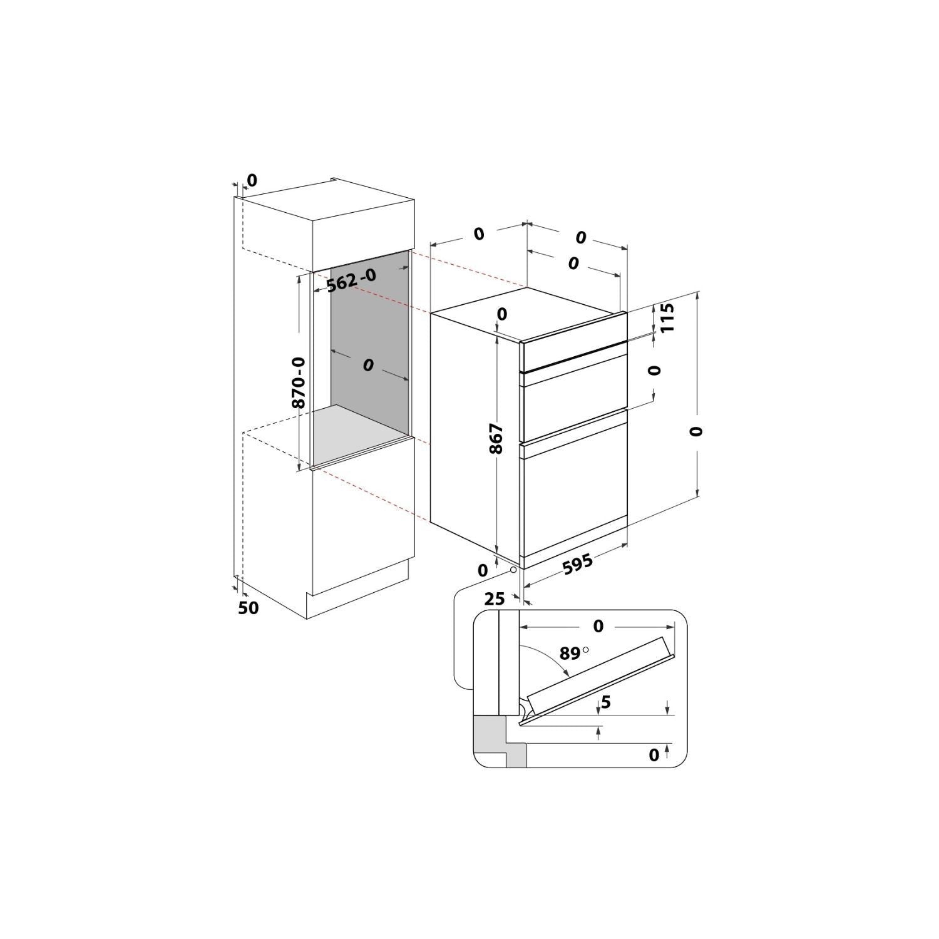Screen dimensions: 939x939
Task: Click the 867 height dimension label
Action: tap(495, 439)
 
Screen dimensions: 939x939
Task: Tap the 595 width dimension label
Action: tap(577, 565)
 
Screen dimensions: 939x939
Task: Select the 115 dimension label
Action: tap(667, 318)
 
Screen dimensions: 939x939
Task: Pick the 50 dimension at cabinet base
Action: tap(248, 607)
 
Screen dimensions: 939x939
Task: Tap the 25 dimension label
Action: tap(494, 599)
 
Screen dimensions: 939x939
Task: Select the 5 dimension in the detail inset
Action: tap(605, 702)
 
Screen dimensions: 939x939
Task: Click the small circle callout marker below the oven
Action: tap(513, 570)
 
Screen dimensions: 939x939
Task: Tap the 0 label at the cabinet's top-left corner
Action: tap(252, 180)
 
